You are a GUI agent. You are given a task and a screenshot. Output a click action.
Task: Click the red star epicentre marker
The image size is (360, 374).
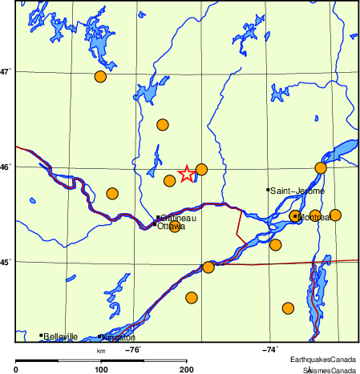coord(186,173)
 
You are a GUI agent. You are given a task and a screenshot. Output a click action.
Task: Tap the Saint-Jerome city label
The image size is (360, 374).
coord(297,191)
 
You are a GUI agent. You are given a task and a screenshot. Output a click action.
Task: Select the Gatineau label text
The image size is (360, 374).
coord(179,217)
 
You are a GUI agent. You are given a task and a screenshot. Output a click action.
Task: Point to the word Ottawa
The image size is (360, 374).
coord(171,226)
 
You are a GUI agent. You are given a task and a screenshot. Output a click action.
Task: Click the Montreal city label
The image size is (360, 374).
coord(310,216)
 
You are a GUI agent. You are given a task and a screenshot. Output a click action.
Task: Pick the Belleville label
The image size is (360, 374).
coord(61,337)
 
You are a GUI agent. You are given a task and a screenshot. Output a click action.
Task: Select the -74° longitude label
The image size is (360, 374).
coord(270,349)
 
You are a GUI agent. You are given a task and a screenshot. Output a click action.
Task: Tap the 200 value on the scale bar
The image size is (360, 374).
coord(187,368)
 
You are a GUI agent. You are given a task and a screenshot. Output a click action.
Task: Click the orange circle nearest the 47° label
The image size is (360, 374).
coord(100,77)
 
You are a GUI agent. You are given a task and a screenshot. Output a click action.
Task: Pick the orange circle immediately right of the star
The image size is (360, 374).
coord(201,169)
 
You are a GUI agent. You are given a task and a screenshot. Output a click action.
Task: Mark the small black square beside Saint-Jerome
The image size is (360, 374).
coord(268,190)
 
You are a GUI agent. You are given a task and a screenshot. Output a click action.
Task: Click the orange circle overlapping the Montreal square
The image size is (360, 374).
coord(295,215)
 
